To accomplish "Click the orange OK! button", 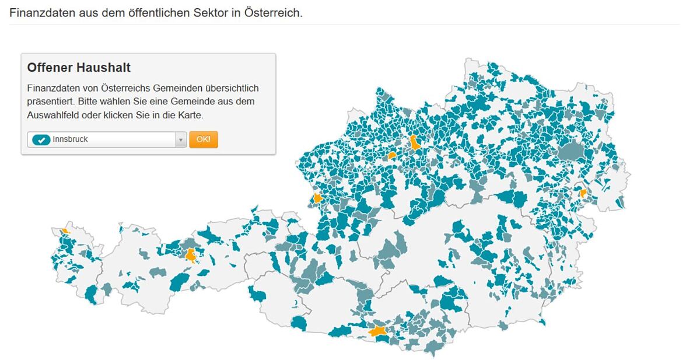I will [x=204, y=139].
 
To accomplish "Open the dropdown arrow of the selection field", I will [x=181, y=140].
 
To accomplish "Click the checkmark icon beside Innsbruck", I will [x=41, y=140].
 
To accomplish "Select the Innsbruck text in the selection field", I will [x=70, y=139].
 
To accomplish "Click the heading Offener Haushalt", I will [x=79, y=68].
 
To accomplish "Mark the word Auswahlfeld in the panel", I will [x=50, y=115].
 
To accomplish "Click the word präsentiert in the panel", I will [x=50, y=102].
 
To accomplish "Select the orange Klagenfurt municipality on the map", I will [x=379, y=331].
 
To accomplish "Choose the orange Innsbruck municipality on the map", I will [x=190, y=255].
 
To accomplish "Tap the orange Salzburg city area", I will [x=317, y=198].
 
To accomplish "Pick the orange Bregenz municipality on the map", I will [x=65, y=231].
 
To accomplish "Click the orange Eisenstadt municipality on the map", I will [x=582, y=193].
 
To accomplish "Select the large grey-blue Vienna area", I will [x=571, y=152].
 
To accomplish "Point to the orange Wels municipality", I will [x=393, y=156].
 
